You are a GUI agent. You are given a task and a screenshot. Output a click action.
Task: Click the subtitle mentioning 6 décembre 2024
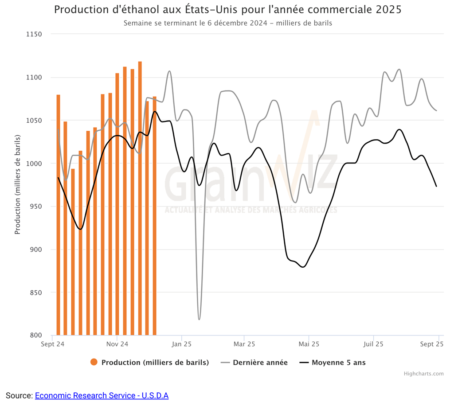tap(227, 23)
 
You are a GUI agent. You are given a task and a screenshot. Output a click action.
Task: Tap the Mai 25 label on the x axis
tap(309, 344)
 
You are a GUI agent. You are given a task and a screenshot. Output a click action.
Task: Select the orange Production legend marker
tap(94, 363)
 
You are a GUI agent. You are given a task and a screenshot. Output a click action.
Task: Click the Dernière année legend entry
tap(260, 363)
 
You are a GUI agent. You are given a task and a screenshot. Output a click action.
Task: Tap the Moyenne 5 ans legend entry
tap(338, 363)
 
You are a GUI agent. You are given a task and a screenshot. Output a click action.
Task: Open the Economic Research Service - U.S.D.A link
tap(102, 395)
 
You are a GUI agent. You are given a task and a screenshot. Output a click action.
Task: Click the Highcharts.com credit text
tap(423, 374)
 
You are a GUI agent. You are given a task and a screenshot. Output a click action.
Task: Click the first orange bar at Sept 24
tap(58, 213)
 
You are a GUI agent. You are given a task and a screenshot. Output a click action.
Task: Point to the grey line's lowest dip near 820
tap(199, 319)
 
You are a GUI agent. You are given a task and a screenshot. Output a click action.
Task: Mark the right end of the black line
tap(436, 186)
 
